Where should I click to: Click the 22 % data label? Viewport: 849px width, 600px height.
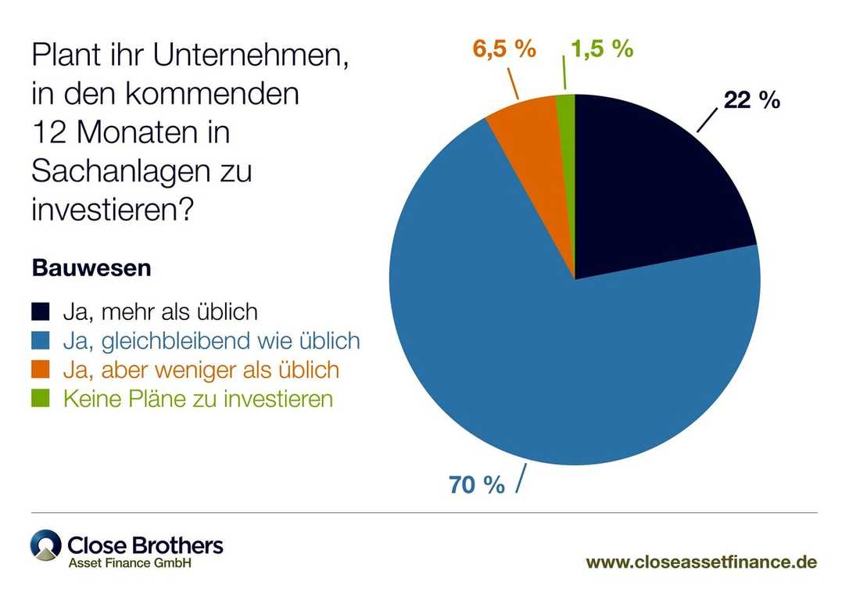(x=751, y=100)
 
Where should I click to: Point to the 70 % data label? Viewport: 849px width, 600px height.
(x=477, y=485)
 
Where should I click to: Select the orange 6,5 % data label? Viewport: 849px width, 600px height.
(x=504, y=49)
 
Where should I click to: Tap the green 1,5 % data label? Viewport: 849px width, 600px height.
(x=600, y=49)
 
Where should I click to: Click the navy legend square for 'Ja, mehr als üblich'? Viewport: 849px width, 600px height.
(x=41, y=312)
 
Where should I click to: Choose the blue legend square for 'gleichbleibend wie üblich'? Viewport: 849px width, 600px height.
(x=41, y=341)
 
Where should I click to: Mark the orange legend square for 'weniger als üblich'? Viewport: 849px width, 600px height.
(x=41, y=369)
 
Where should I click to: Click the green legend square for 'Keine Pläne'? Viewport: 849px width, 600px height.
(x=41, y=398)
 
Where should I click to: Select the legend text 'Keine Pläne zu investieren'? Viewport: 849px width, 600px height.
(x=198, y=398)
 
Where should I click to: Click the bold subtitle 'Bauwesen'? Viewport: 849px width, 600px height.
(x=91, y=268)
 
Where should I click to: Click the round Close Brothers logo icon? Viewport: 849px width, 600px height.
(x=45, y=545)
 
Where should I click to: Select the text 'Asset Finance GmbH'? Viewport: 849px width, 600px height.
(x=129, y=563)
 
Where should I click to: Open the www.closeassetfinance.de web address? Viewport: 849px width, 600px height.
(x=701, y=562)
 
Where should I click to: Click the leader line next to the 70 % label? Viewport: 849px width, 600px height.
(x=519, y=479)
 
